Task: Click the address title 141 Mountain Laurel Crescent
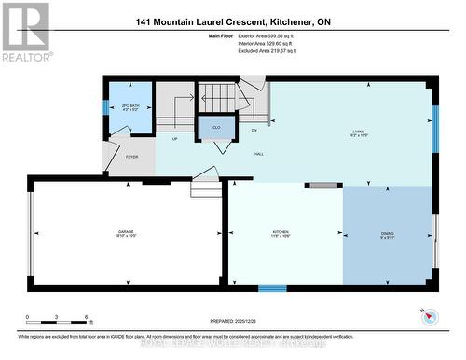tap(232, 21)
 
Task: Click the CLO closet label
tap(215, 126)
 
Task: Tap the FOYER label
tap(131, 157)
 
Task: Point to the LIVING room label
tap(351, 133)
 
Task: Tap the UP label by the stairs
tap(175, 139)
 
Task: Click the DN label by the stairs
tap(254, 131)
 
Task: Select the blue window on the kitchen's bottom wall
tap(271, 288)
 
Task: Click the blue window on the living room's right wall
tap(434, 126)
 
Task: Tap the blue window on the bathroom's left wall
tap(105, 107)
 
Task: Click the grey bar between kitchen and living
tap(325, 186)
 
